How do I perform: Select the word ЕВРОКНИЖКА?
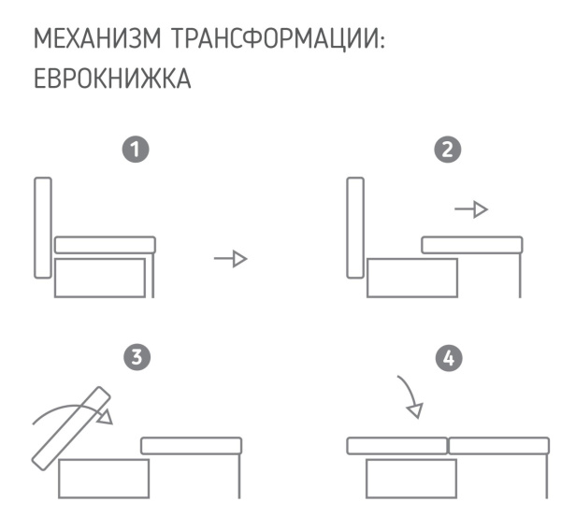[x=112, y=80]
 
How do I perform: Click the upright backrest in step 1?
[x=42, y=226]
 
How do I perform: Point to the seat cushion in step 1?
[x=104, y=245]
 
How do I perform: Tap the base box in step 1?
[x=101, y=278]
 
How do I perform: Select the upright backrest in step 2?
[x=354, y=226]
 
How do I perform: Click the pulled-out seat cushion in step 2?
[x=470, y=246]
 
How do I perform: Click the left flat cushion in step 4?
[x=396, y=445]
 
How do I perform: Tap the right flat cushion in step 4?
[x=498, y=445]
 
